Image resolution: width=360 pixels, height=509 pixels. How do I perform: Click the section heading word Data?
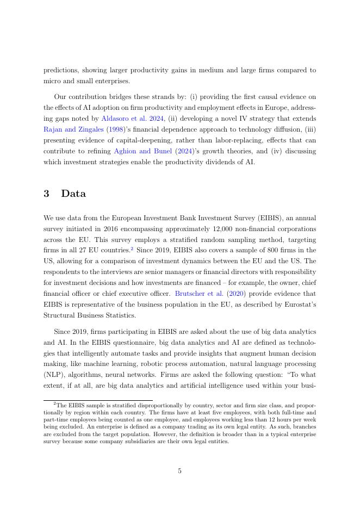pyautogui.click(x=73, y=194)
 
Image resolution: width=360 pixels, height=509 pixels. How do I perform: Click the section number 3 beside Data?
pyautogui.click(x=47, y=194)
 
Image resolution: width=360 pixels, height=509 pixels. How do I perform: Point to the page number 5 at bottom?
pyautogui.click(x=179, y=471)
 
